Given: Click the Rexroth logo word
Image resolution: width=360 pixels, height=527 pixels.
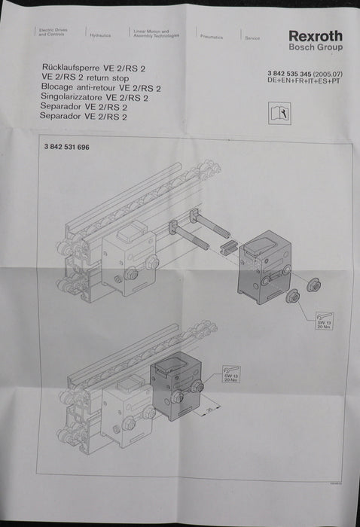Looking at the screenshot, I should tap(315, 36).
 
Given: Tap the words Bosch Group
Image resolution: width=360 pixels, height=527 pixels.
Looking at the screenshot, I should tap(316, 47).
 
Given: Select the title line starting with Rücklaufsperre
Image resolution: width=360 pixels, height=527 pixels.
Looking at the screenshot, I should tap(95, 68).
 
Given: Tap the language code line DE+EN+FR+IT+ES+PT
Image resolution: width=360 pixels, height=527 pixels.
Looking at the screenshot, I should tap(304, 80).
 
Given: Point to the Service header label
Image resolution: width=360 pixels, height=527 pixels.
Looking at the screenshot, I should tap(252, 38).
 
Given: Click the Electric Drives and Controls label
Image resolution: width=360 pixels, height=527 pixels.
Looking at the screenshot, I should tap(53, 33).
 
